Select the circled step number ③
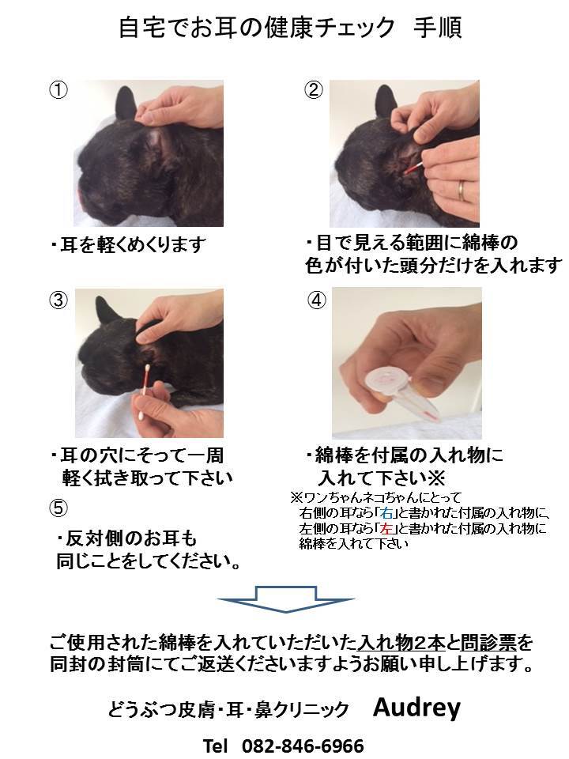[58, 300]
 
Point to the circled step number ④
[315, 300]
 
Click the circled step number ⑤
[58, 507]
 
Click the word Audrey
[416, 708]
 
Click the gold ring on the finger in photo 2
[464, 189]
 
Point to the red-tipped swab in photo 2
[413, 168]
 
